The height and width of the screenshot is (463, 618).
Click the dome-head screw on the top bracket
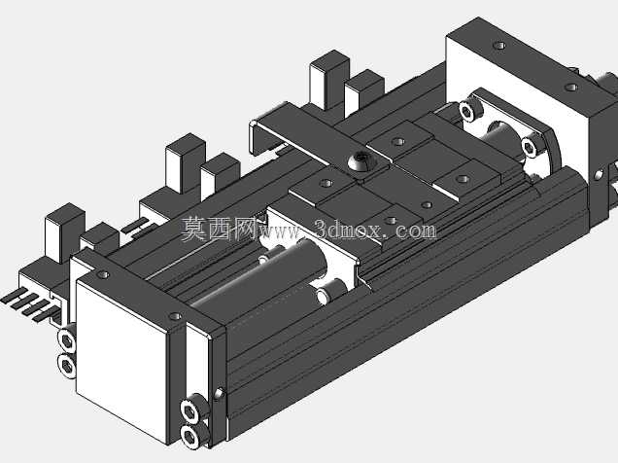click(x=361, y=160)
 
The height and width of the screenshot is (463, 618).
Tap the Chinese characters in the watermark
click(x=220, y=229)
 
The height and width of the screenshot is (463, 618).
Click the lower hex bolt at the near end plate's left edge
click(x=67, y=367)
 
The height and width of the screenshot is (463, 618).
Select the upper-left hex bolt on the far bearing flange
click(x=468, y=110)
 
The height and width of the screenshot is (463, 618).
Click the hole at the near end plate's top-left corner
click(x=104, y=274)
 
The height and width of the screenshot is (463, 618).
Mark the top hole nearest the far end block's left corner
click(x=499, y=46)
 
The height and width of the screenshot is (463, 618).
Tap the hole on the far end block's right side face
click(x=599, y=175)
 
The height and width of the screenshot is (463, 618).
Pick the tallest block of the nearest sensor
click(x=65, y=233)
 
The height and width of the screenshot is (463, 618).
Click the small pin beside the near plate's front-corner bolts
click(x=220, y=394)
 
